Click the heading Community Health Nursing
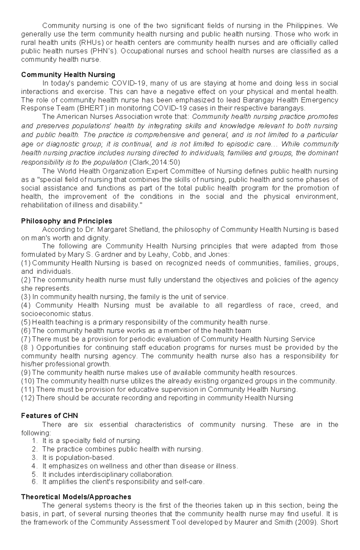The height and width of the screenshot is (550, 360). [x=68, y=74]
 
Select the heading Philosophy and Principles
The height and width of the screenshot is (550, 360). [x=67, y=221]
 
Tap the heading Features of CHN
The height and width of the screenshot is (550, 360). [x=49, y=416]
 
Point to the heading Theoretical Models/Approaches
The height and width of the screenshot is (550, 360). [x=76, y=497]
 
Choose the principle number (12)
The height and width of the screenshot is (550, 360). [x=28, y=398]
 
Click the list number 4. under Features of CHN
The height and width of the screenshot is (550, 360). [x=34, y=466]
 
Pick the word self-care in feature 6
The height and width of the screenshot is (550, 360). [x=191, y=482]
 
